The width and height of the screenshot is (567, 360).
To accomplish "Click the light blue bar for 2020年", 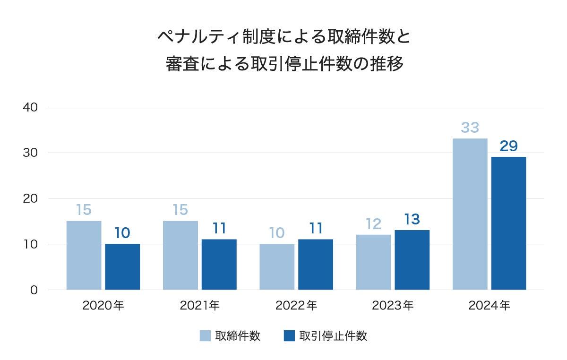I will (84, 255).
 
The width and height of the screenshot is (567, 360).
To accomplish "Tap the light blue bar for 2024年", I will (470, 214).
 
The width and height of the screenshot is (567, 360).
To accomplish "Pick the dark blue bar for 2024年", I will (508, 223).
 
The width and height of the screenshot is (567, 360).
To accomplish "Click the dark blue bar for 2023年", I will (412, 260).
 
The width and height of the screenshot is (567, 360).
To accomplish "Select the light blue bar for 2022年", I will (277, 266).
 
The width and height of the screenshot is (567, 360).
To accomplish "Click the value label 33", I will (470, 128).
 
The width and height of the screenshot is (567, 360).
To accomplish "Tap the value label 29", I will (508, 146).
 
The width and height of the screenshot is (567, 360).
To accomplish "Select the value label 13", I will (412, 220).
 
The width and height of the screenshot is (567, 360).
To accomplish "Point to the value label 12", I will (373, 224).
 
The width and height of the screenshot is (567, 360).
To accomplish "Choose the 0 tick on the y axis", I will (34, 290).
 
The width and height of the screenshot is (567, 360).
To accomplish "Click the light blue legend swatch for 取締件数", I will (205, 336).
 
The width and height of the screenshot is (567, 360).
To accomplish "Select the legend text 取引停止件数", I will (334, 336).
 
